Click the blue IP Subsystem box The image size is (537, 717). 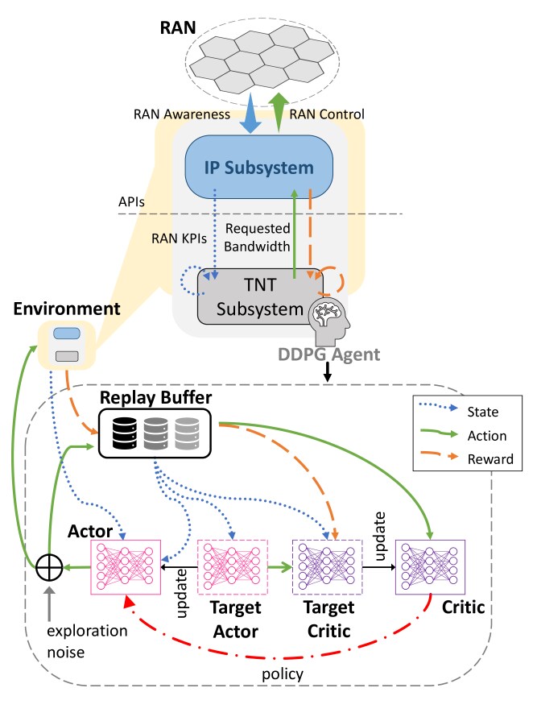(258, 167)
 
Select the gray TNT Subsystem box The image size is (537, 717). (259, 296)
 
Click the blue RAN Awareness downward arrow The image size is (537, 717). (250, 113)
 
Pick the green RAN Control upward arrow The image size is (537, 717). (278, 113)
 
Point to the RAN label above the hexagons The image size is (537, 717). (178, 28)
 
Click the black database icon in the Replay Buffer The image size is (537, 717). (124, 433)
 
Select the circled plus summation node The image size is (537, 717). (49, 567)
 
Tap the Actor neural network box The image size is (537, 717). (126, 567)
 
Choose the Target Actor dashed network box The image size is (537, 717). (232, 567)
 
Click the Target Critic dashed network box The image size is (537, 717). (327, 567)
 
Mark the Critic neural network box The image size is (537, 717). (430, 567)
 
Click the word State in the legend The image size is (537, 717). (482, 412)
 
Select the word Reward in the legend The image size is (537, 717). (490, 458)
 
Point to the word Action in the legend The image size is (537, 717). (487, 436)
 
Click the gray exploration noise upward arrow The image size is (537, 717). (49, 603)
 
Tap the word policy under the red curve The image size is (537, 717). (283, 674)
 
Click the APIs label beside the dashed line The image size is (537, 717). (131, 201)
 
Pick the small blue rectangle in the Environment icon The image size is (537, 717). (67, 334)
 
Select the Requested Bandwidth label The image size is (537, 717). (258, 238)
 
